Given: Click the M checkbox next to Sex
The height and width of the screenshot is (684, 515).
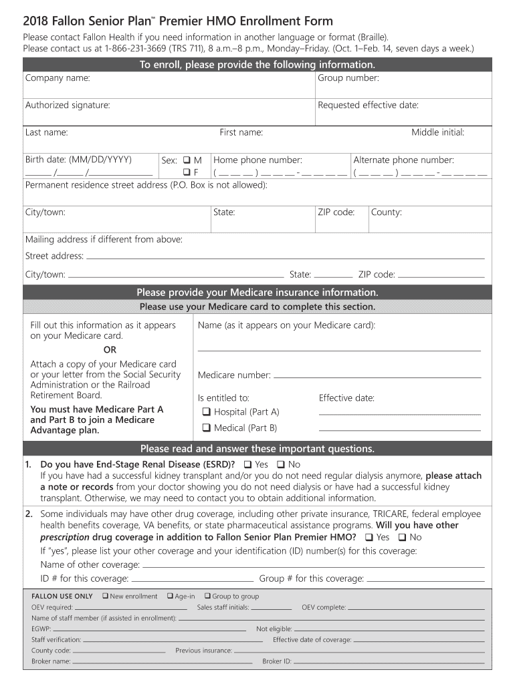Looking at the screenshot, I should point(187,160).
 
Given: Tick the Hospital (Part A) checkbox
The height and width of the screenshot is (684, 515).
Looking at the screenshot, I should point(207,412).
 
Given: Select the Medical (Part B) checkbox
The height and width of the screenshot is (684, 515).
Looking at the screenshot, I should point(207,428).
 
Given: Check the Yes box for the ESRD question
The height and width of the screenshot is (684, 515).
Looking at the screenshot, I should point(247,464).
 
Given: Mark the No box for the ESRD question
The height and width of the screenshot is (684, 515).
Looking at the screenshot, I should point(281,464).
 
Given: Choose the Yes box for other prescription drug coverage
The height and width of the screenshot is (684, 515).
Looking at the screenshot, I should point(369,537).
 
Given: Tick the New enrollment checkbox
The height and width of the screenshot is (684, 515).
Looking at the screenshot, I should point(105,596).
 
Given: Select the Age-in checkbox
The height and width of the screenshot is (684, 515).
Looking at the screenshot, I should point(170,596).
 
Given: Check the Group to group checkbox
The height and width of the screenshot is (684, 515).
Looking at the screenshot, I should point(207,596).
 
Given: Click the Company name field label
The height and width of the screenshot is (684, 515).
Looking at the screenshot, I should point(58,79).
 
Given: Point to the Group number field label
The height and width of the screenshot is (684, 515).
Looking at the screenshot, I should point(348,79).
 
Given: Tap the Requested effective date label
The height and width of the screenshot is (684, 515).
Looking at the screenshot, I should point(368,106).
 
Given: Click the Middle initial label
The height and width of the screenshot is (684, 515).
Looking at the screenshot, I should point(437,132).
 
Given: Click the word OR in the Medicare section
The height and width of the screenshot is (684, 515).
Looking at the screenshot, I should point(110,350).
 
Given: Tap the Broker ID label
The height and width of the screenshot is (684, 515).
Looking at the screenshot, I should point(277,661).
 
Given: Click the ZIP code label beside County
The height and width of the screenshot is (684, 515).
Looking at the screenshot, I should point(336,212).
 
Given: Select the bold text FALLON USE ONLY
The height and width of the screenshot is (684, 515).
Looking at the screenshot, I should point(62,596).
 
